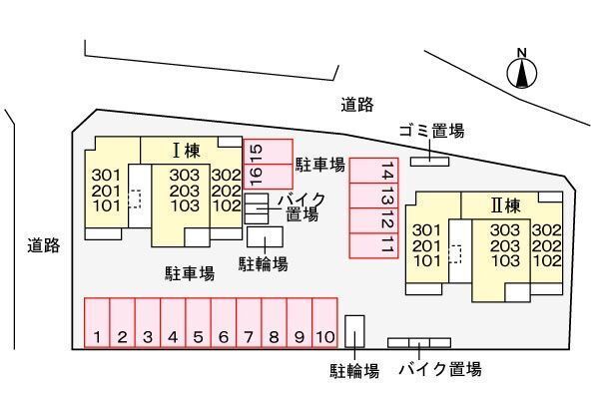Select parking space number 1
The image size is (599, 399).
click(97, 323)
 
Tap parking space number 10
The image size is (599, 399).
click(323, 323)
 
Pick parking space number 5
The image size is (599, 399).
click(198, 323)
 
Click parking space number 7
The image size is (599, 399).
click(248, 323)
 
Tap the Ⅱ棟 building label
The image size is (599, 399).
click(505, 206)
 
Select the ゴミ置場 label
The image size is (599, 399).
click(430, 131)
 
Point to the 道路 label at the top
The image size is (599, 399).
click(356, 103)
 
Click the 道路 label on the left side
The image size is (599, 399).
click(44, 245)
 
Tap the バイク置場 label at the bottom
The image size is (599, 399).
click(440, 370)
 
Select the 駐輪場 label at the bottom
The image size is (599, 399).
click(354, 371)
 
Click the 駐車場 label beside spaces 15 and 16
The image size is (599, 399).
click(319, 165)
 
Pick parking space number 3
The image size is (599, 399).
click(147, 323)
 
